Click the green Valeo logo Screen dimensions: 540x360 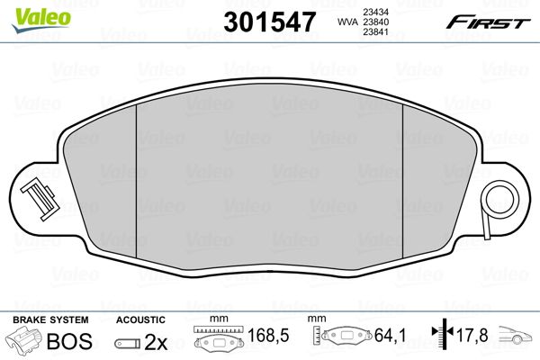pyautogui.click(x=41, y=20)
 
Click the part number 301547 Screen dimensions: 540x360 pyautogui.click(x=269, y=22)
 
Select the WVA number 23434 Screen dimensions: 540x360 pyautogui.click(x=375, y=12)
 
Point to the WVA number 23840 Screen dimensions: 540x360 pyautogui.click(x=375, y=22)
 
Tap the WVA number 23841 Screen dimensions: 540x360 pyautogui.click(x=375, y=32)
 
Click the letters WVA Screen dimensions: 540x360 pyautogui.click(x=347, y=22)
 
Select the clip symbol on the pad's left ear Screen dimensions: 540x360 pyautogui.click(x=38, y=200)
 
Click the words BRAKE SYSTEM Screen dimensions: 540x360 pyautogui.click(x=50, y=319)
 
